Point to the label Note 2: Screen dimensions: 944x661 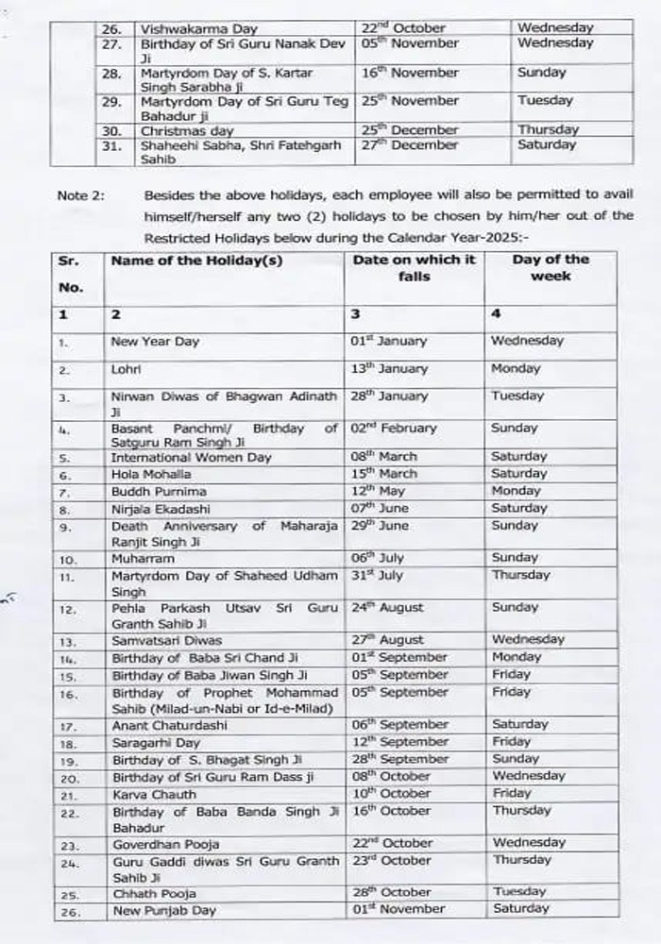click(81, 196)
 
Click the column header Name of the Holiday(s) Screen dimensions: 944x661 click(196, 261)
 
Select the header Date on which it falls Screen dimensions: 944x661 click(415, 268)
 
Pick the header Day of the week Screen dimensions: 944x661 click(551, 268)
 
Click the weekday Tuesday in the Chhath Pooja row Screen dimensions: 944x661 click(518, 892)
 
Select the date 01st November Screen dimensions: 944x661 click(397, 909)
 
